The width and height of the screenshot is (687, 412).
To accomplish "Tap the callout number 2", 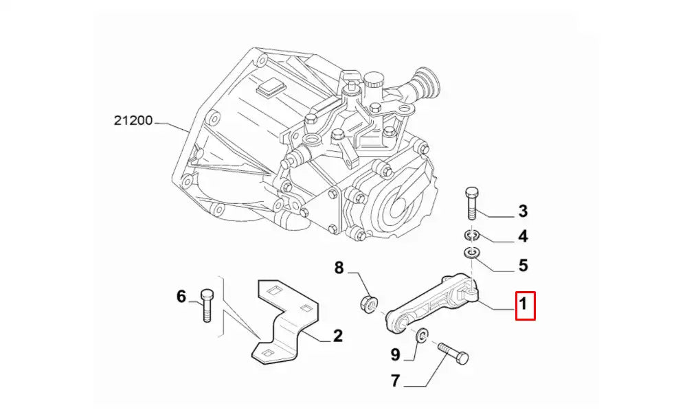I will [338, 336].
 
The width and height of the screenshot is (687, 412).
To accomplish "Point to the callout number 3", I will [523, 211].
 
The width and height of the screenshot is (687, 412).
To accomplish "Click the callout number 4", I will [523, 238].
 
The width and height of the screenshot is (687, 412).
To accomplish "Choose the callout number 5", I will [523, 264].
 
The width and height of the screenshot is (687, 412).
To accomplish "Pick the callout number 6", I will [181, 297].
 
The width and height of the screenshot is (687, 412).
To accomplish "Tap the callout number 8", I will [339, 268].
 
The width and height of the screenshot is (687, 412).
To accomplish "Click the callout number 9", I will [395, 354].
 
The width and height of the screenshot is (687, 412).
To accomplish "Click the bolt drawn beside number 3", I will [472, 203].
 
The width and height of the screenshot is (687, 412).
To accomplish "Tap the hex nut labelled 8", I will [368, 302].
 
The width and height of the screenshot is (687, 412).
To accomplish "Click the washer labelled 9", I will [422, 334].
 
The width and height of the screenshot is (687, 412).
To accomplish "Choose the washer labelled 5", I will [471, 253].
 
